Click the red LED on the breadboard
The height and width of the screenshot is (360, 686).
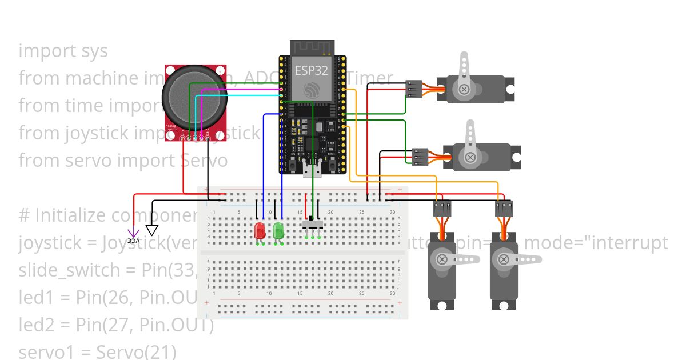coord(259,231)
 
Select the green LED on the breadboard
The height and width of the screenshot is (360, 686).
coord(278,231)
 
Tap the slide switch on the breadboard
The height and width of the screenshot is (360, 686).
coord(312,223)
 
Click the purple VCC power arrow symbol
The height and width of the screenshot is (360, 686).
coord(133,233)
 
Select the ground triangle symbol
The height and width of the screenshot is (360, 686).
coord(152,230)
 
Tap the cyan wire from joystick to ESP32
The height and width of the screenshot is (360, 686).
coord(240,95)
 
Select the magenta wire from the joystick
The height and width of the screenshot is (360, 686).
coord(240,89)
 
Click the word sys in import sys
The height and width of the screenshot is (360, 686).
coord(94,51)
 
